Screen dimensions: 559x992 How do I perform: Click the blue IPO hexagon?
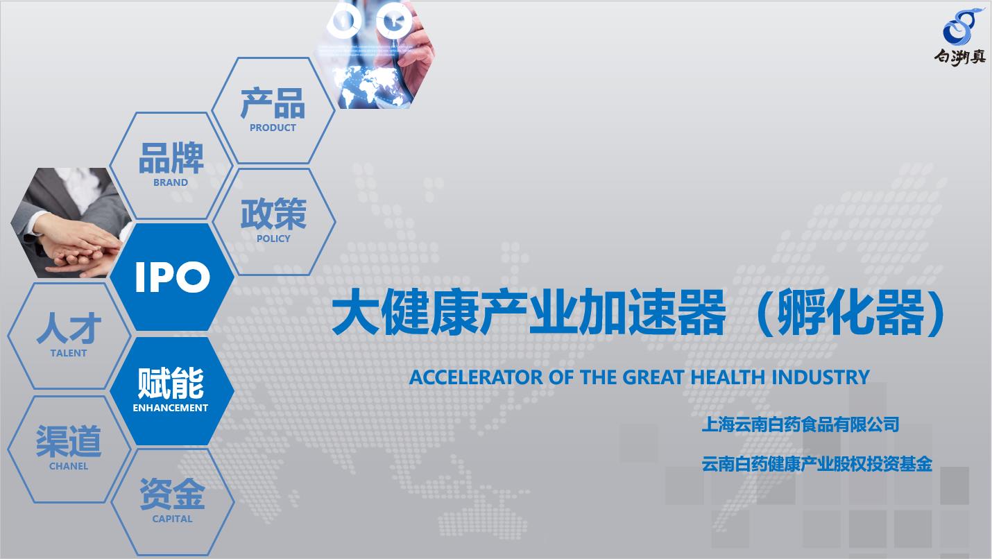[x=171, y=277]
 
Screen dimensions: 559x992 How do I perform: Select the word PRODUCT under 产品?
[x=273, y=128]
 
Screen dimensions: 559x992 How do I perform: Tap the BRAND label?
[x=171, y=182]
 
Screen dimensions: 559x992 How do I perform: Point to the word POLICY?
[x=273, y=239]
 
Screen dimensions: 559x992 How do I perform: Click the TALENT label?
[x=69, y=353]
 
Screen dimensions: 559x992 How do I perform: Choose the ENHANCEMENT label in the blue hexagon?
[x=171, y=408]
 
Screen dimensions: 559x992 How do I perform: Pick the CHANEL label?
[x=69, y=466]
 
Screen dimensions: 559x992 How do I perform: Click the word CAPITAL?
[x=172, y=519]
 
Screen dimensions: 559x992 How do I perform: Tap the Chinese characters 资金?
[x=172, y=494]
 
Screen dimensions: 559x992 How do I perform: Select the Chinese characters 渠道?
[x=69, y=441]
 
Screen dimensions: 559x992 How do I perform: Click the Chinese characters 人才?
[x=69, y=329]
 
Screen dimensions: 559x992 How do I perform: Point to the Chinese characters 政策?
[x=273, y=213]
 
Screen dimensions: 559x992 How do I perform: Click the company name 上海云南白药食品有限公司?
[x=801, y=424]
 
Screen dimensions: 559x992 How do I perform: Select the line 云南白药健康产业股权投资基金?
[x=816, y=465]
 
